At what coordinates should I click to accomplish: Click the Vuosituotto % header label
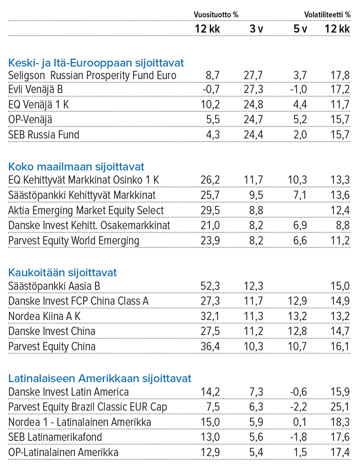216,15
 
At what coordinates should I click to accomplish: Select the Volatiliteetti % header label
327,15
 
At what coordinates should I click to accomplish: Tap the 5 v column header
300,29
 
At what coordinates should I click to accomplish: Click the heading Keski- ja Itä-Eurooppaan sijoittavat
96,63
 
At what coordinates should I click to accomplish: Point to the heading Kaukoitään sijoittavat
62,272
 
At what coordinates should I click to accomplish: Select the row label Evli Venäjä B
36,89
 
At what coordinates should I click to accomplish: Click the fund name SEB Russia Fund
43,135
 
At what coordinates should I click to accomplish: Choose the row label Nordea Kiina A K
44,316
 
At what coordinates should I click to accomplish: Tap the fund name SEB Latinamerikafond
55,437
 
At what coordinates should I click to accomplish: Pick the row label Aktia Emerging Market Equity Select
86,211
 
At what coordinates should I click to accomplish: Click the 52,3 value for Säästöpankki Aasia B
210,286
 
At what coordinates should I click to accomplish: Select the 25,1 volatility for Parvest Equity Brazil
340,407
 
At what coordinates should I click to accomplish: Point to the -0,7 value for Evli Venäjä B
211,89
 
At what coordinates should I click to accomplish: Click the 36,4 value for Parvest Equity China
210,346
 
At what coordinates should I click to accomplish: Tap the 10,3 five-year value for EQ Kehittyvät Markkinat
297,180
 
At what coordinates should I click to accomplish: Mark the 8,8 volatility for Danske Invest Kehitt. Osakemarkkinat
343,225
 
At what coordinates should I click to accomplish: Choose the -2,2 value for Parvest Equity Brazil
298,407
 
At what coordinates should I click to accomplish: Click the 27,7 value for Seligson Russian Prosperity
253,75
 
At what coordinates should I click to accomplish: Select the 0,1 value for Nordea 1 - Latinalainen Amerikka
300,422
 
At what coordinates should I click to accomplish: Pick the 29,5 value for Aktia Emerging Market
210,211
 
